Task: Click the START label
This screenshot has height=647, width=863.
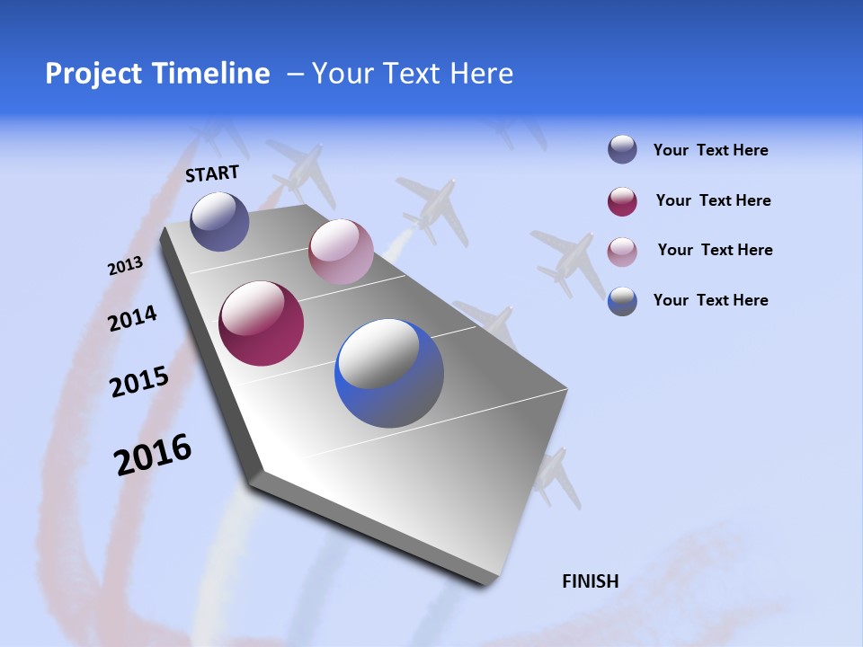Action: click(x=212, y=173)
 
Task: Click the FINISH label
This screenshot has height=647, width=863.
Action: click(x=590, y=581)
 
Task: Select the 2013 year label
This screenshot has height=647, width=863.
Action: click(x=125, y=266)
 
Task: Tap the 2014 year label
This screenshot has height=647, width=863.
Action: click(x=132, y=318)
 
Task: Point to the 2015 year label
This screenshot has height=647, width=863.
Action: click(x=139, y=382)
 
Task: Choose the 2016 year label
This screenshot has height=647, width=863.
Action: click(x=153, y=455)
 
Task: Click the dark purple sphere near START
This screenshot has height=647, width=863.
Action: click(x=219, y=221)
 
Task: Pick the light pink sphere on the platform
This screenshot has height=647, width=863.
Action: click(x=341, y=252)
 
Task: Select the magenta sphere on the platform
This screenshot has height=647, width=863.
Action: click(x=262, y=323)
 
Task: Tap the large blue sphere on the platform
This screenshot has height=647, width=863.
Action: click(x=389, y=373)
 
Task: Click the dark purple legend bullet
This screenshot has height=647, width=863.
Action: click(x=622, y=150)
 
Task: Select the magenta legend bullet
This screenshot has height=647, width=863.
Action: click(x=622, y=201)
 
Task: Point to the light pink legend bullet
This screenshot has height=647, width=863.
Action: click(x=622, y=252)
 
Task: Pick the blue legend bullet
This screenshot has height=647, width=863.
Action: click(x=622, y=301)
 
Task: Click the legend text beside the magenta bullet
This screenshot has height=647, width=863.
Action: click(x=713, y=200)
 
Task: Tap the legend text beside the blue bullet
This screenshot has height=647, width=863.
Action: click(x=710, y=300)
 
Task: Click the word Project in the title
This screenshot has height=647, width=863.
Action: click(x=95, y=74)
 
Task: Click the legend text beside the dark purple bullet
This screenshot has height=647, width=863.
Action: click(x=710, y=150)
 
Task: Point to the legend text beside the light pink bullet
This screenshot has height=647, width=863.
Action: click(x=715, y=250)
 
